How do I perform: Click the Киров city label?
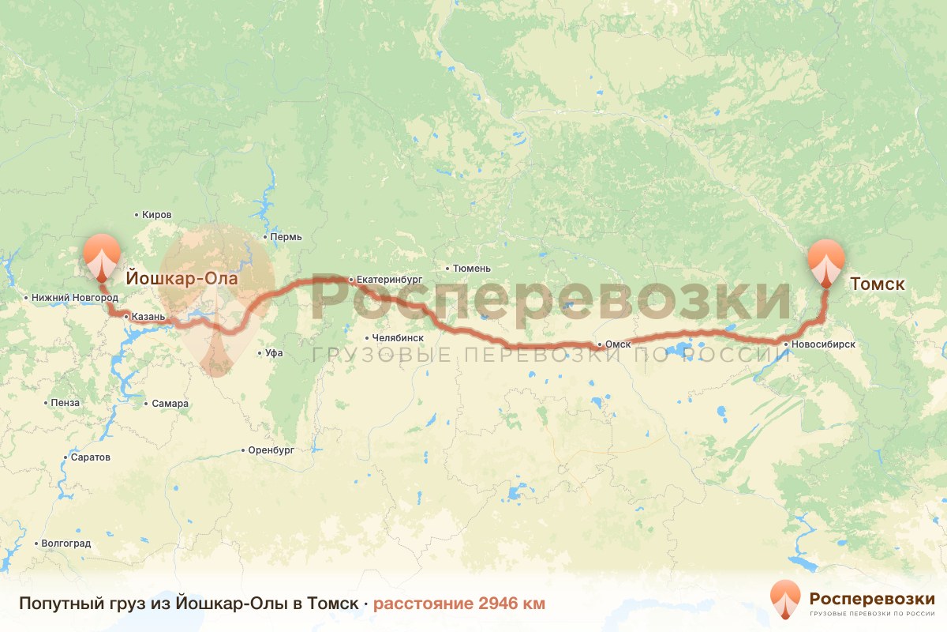156,215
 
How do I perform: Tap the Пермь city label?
285,237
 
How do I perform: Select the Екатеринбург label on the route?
390,280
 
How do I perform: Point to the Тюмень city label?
472,269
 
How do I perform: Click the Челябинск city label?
398,337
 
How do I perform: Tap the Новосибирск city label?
824,344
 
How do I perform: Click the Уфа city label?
274,353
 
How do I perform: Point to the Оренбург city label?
271,450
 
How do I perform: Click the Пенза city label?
65,403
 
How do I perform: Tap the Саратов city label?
91,457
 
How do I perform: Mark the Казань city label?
148,317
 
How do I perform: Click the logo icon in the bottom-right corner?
785,597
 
